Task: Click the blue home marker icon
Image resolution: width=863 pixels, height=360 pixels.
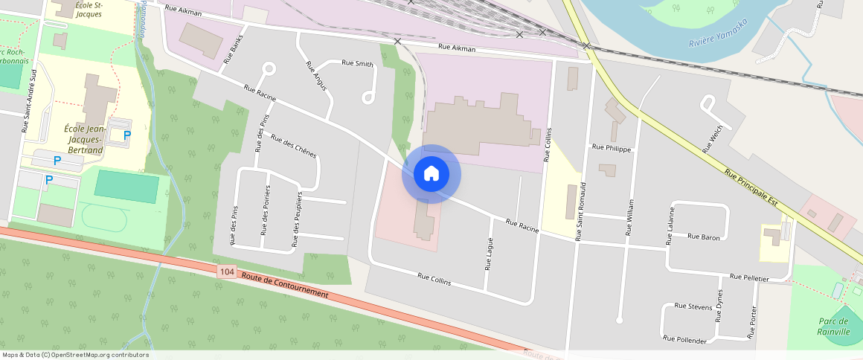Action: point(431,174)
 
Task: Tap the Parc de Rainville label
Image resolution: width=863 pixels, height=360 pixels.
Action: point(834,327)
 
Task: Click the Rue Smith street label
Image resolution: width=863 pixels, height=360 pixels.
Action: point(357,64)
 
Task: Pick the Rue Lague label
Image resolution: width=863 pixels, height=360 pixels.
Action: point(490,257)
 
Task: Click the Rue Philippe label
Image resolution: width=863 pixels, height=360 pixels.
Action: point(612,149)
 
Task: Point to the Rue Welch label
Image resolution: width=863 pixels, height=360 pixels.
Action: point(713,139)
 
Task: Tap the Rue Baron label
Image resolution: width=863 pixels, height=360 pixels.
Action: point(704,237)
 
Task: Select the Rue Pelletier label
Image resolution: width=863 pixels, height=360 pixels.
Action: point(749,277)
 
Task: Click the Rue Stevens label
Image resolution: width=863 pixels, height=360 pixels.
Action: point(693,306)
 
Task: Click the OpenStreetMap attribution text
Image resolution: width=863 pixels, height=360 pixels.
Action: point(75,355)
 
